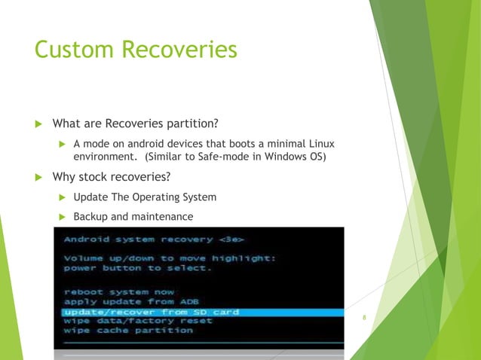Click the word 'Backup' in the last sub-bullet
(x=90, y=217)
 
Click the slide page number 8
(x=364, y=318)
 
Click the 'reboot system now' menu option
(x=118, y=291)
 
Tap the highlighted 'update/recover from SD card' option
(x=151, y=311)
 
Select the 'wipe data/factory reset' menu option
(x=138, y=321)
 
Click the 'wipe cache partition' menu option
(x=127, y=331)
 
